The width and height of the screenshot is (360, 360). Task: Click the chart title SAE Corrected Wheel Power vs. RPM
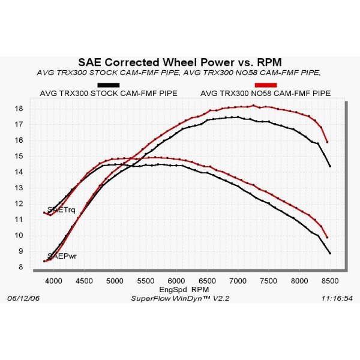click(179, 62)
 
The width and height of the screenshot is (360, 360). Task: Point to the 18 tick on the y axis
click(19, 109)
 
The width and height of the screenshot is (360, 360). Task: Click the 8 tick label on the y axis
click(21, 267)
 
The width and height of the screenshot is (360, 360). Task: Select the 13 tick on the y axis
click(19, 188)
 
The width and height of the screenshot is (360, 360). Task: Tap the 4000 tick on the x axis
click(53, 280)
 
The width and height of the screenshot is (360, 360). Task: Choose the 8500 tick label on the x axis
click(329, 280)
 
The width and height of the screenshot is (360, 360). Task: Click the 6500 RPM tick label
click(207, 280)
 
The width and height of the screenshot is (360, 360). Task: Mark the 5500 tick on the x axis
click(145, 280)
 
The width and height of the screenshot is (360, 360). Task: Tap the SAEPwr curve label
click(61, 256)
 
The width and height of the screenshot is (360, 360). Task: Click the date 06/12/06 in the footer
click(24, 298)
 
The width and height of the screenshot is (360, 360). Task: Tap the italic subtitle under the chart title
click(178, 73)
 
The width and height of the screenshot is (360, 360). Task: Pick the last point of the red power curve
click(327, 142)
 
